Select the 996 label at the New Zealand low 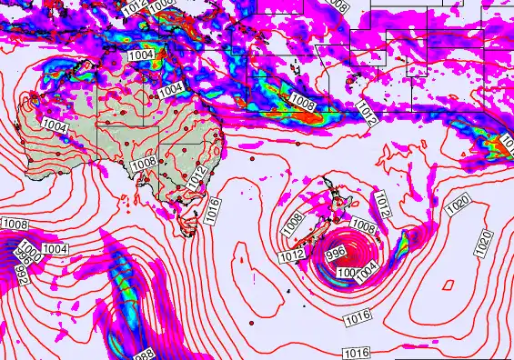tap(335, 255)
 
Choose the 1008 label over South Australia tap(143, 165)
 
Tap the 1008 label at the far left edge tap(15, 224)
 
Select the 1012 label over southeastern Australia tap(198, 178)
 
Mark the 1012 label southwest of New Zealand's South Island tap(291, 258)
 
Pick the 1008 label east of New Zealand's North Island tap(363, 225)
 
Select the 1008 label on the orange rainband tap(303, 105)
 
